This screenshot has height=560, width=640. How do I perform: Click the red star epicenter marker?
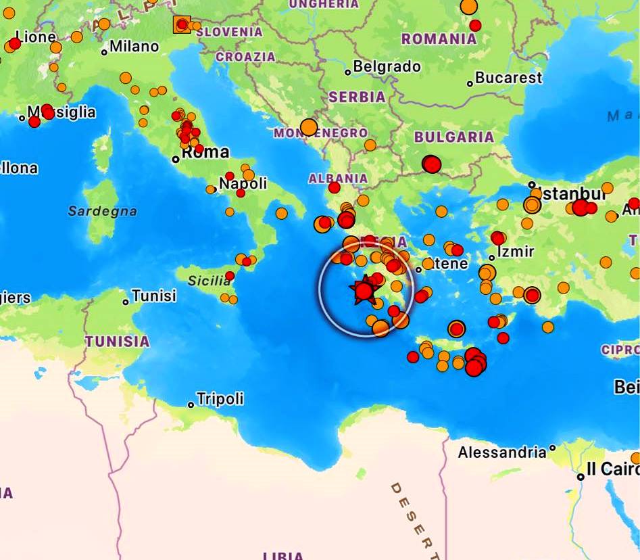(x=364, y=291)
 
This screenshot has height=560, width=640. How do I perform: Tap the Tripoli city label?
(x=220, y=398)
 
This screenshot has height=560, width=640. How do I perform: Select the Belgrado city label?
(x=387, y=67)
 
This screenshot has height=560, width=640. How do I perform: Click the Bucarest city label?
(x=508, y=78)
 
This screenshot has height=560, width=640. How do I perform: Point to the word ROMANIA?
(x=439, y=39)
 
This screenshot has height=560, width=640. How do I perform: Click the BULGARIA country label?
(x=453, y=137)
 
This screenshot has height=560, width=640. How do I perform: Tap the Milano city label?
(x=134, y=47)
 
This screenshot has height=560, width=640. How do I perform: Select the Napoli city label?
(x=243, y=183)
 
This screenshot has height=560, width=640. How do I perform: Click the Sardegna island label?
(x=102, y=211)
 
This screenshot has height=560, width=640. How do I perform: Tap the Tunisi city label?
(x=154, y=296)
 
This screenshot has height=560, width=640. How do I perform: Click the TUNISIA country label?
(x=117, y=342)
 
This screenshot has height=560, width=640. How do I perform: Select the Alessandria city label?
(x=501, y=452)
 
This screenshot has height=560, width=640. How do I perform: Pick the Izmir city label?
(x=516, y=252)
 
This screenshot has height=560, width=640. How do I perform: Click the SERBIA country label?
(x=357, y=97)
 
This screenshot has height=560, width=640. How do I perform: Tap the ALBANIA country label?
(x=338, y=179)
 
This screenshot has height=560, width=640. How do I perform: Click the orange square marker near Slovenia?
(x=182, y=25)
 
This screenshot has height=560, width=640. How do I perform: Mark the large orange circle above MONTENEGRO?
(x=309, y=127)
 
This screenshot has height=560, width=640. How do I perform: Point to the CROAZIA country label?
(x=245, y=57)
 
